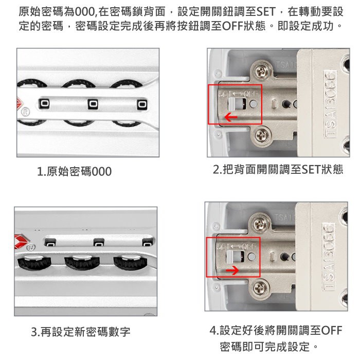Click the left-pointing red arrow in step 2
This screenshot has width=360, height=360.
pos(231,117)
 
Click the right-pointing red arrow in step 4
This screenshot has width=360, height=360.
pos(232,271)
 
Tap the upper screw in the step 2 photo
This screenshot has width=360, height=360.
pos(261,71)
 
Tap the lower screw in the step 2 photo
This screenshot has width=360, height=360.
pos(261,134)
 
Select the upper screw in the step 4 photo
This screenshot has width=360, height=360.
pos(260,224)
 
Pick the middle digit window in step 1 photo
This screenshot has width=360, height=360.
pos(93,104)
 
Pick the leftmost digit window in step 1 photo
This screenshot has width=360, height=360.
pos(44,103)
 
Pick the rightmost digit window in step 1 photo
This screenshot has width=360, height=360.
pos(142,104)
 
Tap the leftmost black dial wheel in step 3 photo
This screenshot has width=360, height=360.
pos(34,262)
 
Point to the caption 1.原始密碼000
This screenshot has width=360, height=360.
pos(75,171)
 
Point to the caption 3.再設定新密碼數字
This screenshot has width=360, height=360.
pos(81,332)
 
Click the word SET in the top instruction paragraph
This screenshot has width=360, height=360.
pos(266,12)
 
